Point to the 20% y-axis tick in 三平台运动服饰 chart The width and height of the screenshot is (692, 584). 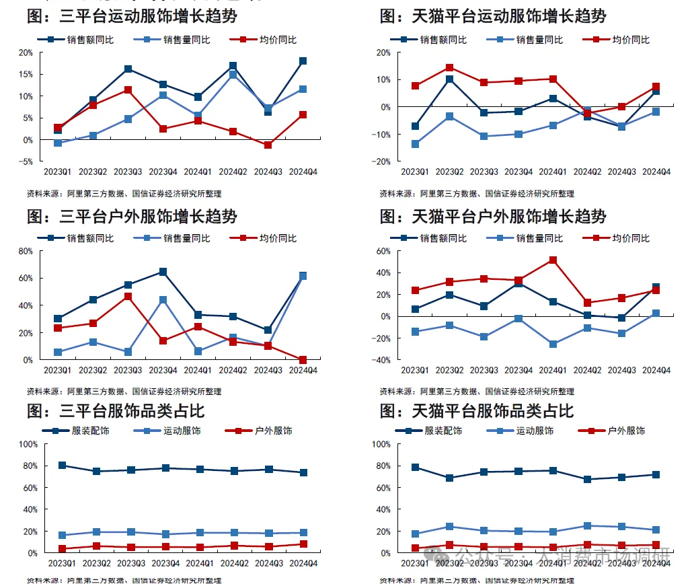coord(25,52)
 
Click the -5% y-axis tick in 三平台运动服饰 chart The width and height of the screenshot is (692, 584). coord(25,161)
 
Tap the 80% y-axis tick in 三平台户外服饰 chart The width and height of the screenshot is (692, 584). coord(25,251)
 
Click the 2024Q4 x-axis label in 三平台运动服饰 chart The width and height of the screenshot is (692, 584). coord(303,172)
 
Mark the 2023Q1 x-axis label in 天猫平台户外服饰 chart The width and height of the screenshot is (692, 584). coord(414,371)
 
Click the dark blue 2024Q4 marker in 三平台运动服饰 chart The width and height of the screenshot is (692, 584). coord(303,61)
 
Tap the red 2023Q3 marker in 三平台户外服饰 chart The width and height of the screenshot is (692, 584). coord(128,296)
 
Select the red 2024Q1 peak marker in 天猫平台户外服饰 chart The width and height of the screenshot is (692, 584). coord(553,260)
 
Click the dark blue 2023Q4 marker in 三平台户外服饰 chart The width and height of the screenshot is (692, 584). coord(163,272)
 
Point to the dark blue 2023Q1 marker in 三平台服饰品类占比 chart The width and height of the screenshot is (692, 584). coord(62,466)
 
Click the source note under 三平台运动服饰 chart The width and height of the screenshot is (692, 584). coord(124,194)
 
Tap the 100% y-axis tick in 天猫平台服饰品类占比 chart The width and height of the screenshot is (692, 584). coord(380,444)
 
